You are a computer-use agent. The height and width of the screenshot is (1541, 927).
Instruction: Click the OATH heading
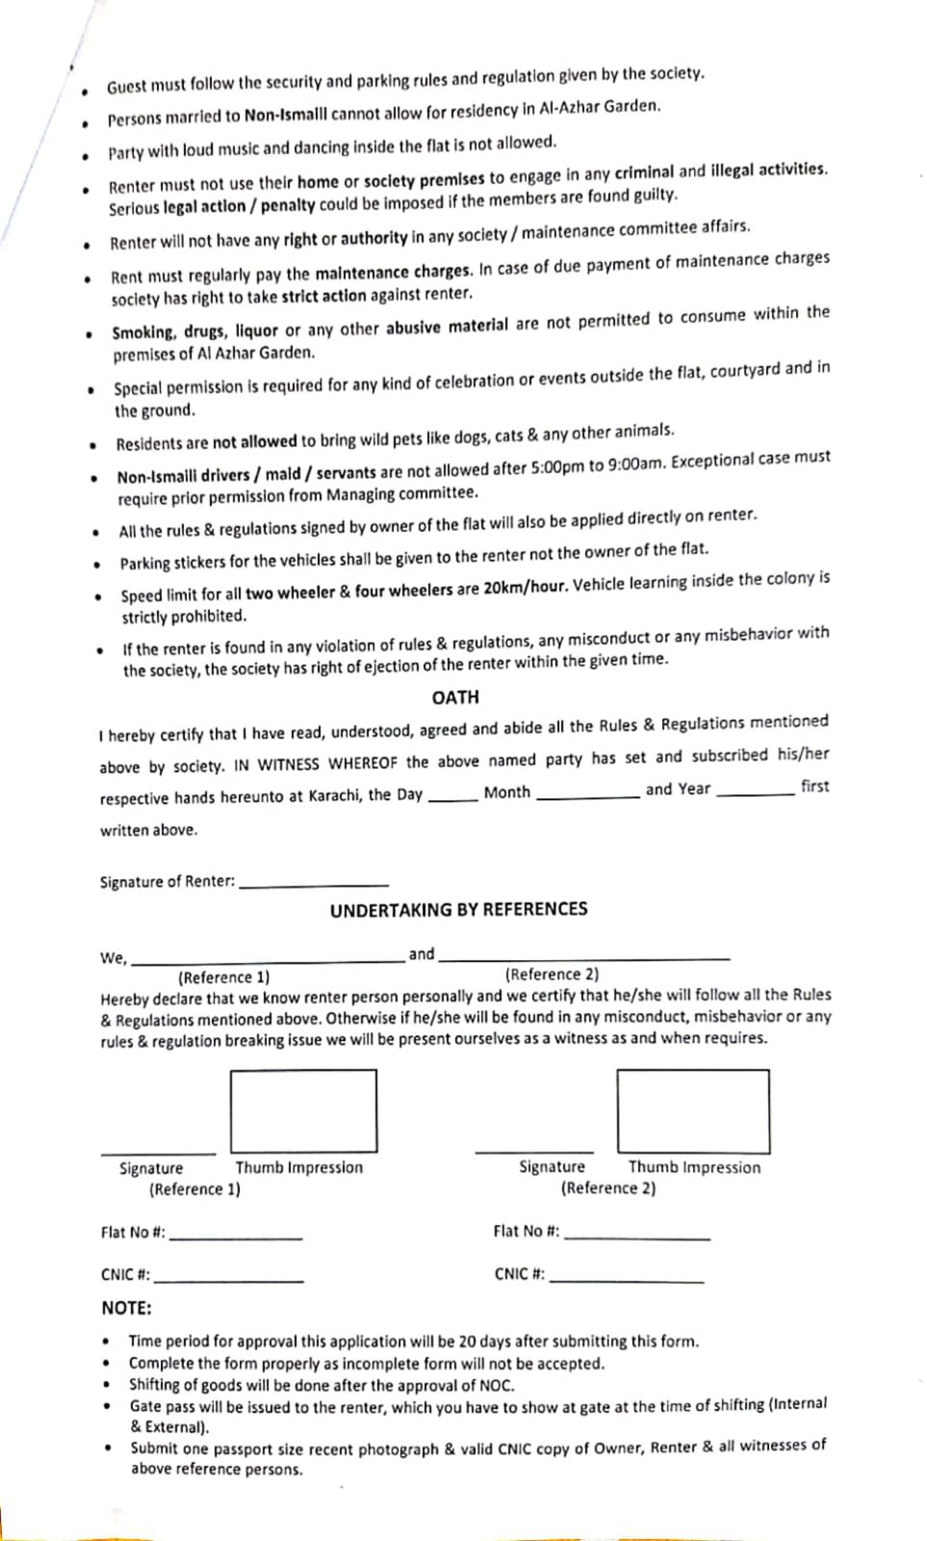click(x=455, y=696)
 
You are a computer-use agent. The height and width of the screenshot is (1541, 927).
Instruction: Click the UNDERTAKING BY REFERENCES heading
click(x=458, y=909)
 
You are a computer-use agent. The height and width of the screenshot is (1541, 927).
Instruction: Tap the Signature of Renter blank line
click(x=314, y=883)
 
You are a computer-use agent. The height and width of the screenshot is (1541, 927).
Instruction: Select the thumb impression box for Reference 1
click(x=303, y=1110)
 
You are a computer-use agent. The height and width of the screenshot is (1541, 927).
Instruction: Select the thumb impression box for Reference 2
click(x=693, y=1110)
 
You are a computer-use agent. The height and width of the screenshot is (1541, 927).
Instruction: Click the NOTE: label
click(x=126, y=1308)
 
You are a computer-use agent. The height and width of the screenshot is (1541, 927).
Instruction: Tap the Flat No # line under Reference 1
click(x=236, y=1237)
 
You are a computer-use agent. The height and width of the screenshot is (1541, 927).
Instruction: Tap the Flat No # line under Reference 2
click(x=637, y=1237)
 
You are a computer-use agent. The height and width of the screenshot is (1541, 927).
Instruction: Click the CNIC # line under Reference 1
click(x=229, y=1279)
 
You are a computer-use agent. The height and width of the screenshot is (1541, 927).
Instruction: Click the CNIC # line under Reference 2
click(x=626, y=1279)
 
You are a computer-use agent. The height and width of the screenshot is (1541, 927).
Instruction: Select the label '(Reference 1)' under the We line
click(x=223, y=977)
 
